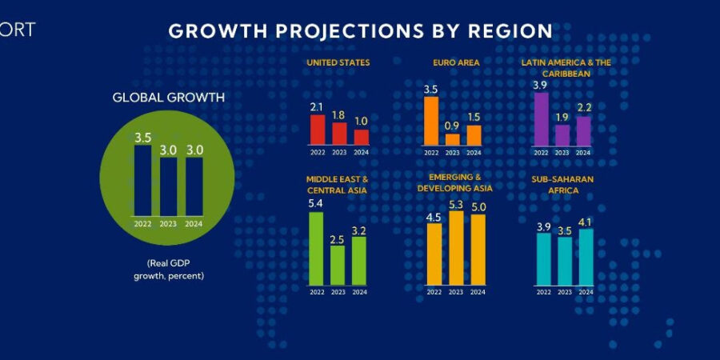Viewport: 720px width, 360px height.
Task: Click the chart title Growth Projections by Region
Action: (360, 31)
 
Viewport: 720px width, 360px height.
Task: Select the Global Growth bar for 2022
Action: (142, 180)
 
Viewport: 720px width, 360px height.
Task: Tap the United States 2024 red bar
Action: (362, 136)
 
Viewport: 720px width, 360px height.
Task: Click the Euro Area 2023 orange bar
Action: (453, 139)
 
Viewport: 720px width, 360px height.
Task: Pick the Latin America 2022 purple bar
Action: (541, 119)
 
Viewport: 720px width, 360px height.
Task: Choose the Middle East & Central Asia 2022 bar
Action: (316, 248)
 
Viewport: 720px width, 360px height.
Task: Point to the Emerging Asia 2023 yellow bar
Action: (456, 248)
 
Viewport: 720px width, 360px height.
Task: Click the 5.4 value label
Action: (316, 203)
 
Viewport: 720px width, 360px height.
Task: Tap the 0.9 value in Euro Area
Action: (453, 126)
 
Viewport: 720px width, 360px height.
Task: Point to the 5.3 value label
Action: (456, 204)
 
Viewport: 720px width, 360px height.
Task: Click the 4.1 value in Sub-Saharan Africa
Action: (586, 222)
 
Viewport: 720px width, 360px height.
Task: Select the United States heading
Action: (338, 62)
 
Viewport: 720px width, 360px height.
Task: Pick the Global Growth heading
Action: (168, 98)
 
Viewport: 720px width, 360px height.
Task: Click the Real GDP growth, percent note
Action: (168, 270)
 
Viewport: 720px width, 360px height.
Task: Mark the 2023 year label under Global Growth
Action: (168, 224)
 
